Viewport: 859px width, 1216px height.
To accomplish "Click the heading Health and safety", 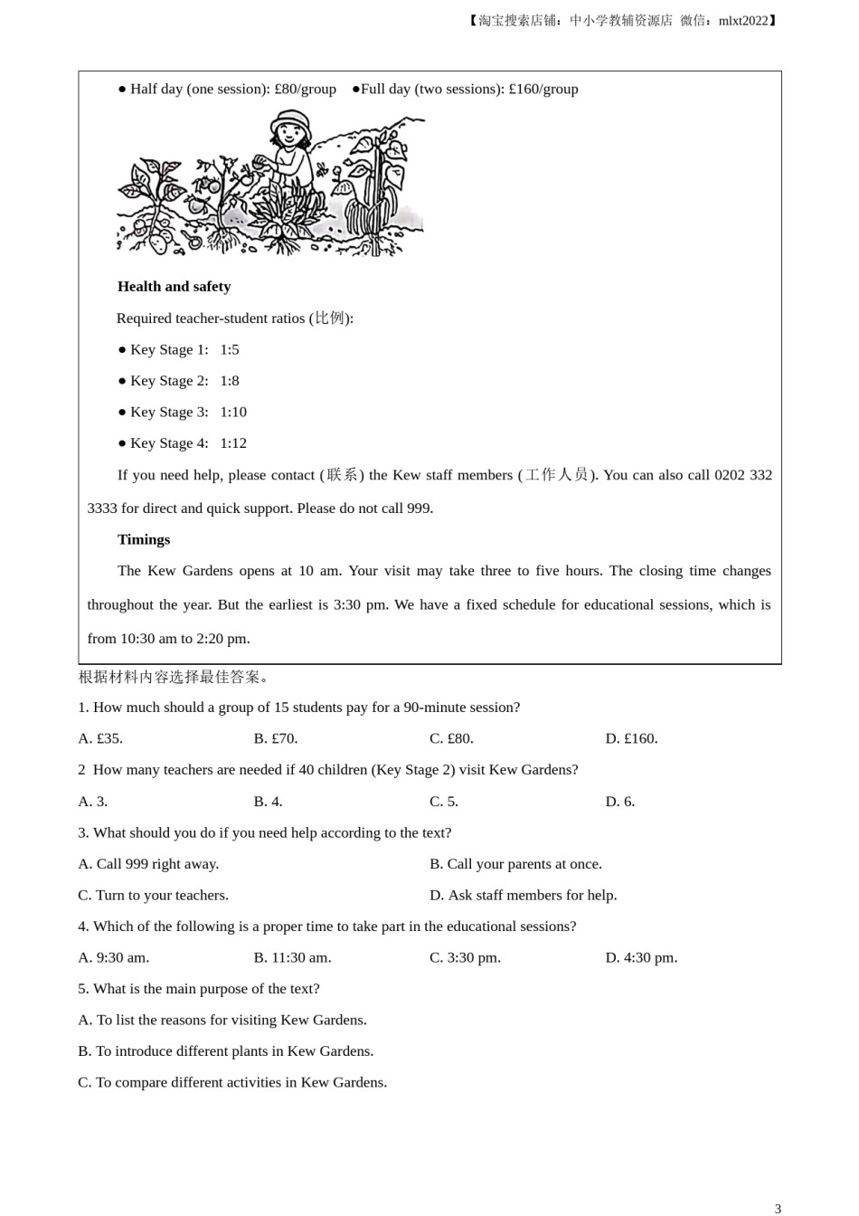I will coord(174,287).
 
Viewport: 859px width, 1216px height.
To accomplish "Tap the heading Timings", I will coord(144,540).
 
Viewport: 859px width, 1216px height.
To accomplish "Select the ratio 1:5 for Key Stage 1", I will coord(230,350).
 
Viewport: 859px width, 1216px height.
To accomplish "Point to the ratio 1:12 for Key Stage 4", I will coord(233,443).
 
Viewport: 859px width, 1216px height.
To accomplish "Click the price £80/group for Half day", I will coord(305,90).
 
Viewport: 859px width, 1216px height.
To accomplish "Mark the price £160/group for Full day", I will coord(543,90).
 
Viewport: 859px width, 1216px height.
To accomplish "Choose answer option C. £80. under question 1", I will coord(451,739).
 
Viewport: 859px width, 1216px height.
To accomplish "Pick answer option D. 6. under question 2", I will coord(619,802).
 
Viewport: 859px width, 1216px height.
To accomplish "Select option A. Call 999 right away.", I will coord(148,864).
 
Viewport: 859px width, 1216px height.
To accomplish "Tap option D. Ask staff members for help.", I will coord(523,896).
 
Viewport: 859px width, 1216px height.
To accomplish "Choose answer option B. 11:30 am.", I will coord(292,958).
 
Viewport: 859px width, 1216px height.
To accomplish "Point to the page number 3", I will coord(778,1208).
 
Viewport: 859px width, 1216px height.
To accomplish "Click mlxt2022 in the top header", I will coord(742,21).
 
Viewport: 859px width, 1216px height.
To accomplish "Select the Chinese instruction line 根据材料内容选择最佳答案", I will coord(173,677).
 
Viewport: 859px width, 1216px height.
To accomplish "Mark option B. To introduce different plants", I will coord(225,1051).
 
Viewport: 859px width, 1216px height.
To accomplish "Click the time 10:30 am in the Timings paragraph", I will coord(148,639).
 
